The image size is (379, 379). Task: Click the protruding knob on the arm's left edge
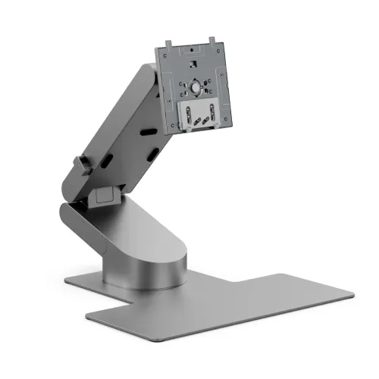78,164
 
